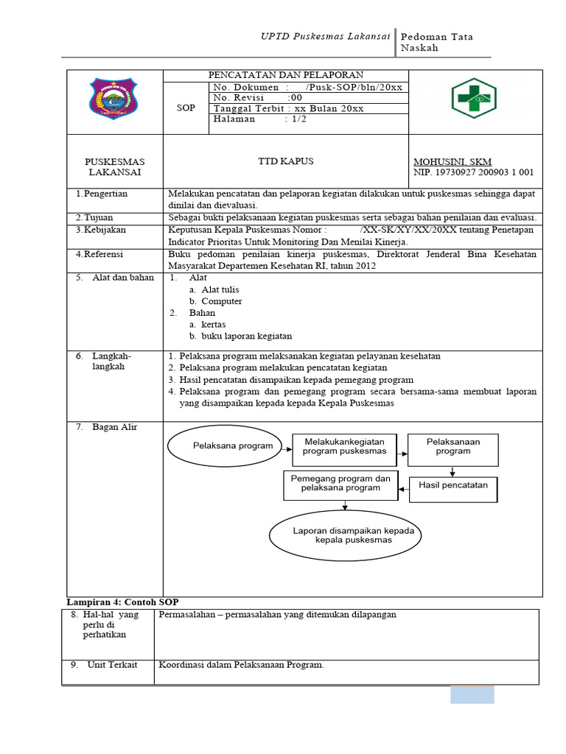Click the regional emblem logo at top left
click(113, 102)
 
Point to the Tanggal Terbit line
click(288, 108)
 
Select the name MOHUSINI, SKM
click(453, 162)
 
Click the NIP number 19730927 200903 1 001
click(474, 173)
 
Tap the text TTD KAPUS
click(285, 161)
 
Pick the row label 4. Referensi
click(99, 254)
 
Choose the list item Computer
click(221, 301)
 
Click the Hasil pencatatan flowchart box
click(453, 486)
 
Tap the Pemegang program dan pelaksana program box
click(340, 483)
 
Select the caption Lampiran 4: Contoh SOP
click(122, 602)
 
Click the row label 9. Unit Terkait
click(104, 665)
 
